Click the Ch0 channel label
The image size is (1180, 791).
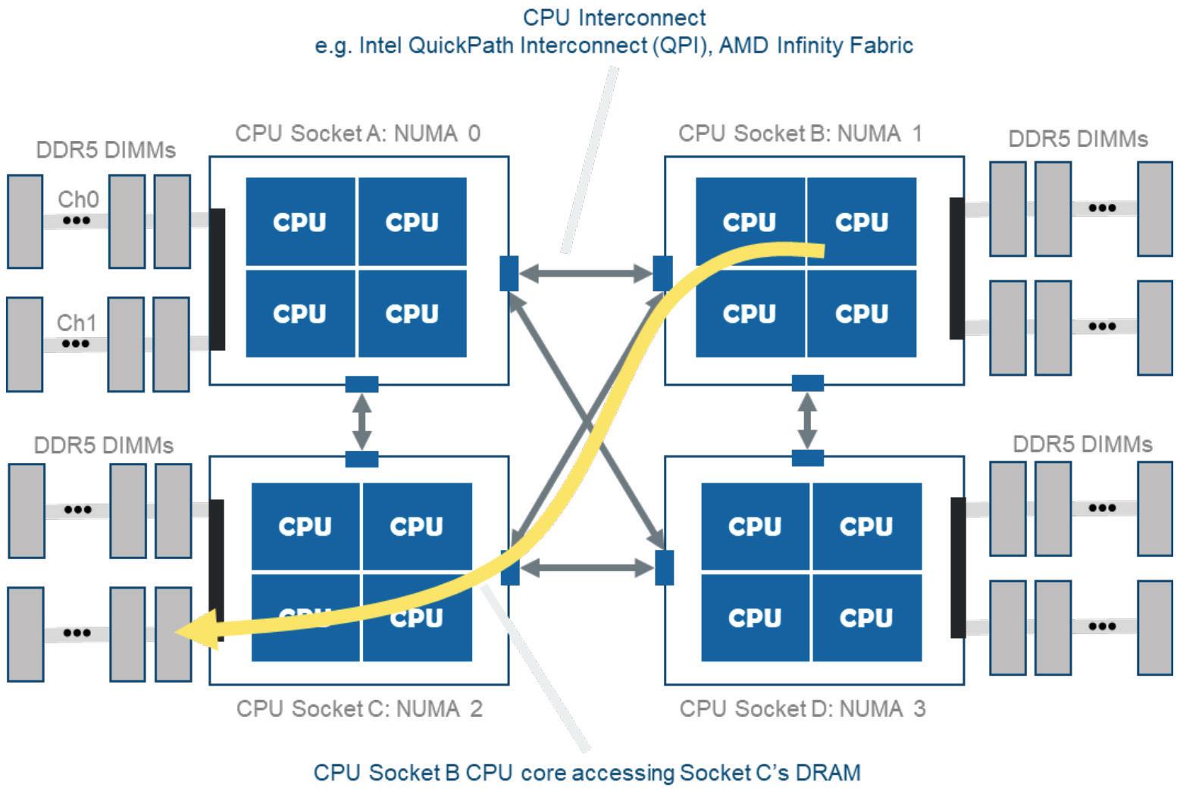point(78,199)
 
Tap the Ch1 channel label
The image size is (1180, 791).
point(77,323)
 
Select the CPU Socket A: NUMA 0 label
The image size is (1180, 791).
point(358,133)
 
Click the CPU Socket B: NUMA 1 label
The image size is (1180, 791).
point(800,133)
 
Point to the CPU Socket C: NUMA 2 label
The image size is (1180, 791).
point(359,708)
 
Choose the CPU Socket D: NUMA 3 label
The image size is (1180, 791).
point(803,708)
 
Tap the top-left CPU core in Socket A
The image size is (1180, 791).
point(300,222)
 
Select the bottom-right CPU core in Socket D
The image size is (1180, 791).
point(866,617)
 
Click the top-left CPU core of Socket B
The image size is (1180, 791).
point(750,222)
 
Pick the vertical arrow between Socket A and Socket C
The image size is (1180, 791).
point(362,421)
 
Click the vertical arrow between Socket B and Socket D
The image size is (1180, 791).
point(808,421)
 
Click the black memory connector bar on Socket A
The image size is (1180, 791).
point(218,279)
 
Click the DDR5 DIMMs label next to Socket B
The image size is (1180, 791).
point(1078,139)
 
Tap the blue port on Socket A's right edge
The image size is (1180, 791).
point(509,274)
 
